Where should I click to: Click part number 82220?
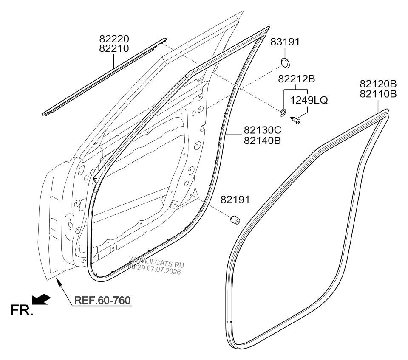point(114,39)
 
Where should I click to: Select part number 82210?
point(114,48)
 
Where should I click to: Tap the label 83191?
point(285,42)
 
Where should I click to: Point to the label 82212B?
point(296,79)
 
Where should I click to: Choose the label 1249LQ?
point(309,100)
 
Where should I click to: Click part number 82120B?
point(378,84)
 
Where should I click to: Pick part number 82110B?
point(378,94)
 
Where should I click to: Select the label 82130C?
point(263,130)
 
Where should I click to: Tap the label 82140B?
point(263,141)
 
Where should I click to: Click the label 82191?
point(235,200)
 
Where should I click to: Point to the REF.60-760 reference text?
point(102,300)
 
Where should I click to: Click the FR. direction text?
point(22,310)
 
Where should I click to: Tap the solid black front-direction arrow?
point(41,299)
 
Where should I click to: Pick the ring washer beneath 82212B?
point(283,112)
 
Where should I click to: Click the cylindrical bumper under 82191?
point(235,219)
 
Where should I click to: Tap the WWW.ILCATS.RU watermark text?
point(157,262)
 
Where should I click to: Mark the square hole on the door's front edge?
point(54,224)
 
